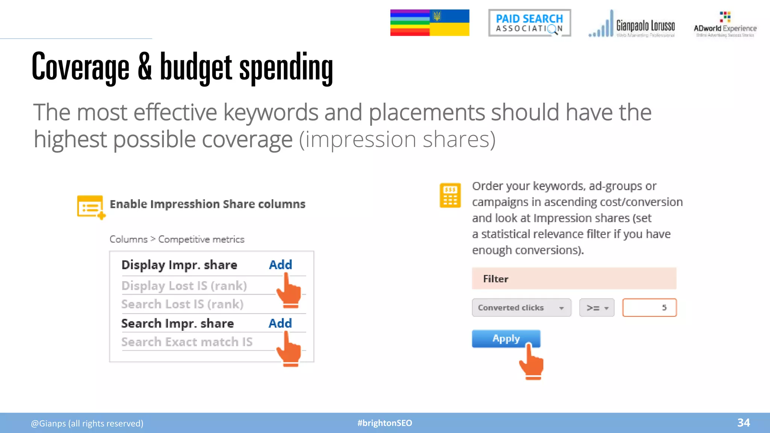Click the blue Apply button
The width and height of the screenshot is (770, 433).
pyautogui.click(x=506, y=339)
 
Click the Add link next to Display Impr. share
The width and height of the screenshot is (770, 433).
pyautogui.click(x=280, y=265)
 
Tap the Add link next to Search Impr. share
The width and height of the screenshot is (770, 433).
pyautogui.click(x=280, y=323)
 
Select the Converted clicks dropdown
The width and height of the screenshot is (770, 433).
pyautogui.click(x=521, y=308)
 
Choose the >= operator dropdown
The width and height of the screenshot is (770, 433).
pyautogui.click(x=597, y=308)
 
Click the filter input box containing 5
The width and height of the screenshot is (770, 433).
pyautogui.click(x=649, y=308)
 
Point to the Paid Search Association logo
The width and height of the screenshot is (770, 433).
pyautogui.click(x=529, y=23)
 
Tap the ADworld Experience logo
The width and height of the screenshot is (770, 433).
pyautogui.click(x=725, y=25)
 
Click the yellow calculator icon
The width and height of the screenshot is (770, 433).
pyautogui.click(x=450, y=195)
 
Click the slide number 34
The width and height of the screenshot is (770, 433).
pyautogui.click(x=743, y=423)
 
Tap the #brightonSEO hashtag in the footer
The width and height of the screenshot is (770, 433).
pyautogui.click(x=385, y=423)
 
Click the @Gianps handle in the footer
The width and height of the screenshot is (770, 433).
pyautogui.click(x=87, y=424)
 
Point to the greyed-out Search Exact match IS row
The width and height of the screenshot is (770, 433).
pyautogui.click(x=187, y=342)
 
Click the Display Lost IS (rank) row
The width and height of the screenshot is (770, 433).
pyautogui.click(x=184, y=286)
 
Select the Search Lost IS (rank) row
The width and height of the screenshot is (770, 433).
pyautogui.click(x=182, y=304)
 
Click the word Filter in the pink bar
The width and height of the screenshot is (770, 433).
pyautogui.click(x=496, y=279)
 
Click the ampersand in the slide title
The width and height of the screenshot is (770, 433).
pyautogui.click(x=145, y=67)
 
